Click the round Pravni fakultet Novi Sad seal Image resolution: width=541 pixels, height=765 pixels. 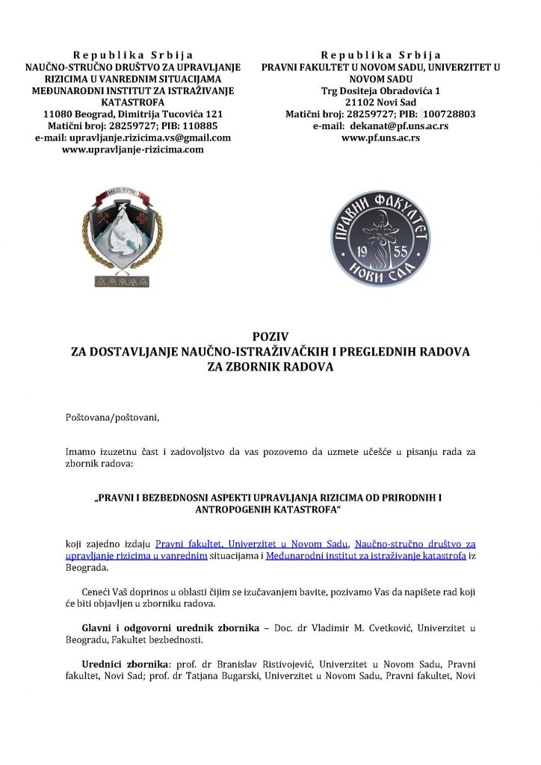[x=380, y=236]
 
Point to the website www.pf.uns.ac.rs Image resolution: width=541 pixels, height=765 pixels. [x=380, y=137]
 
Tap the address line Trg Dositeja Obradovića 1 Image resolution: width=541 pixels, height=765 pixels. [x=381, y=90]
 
